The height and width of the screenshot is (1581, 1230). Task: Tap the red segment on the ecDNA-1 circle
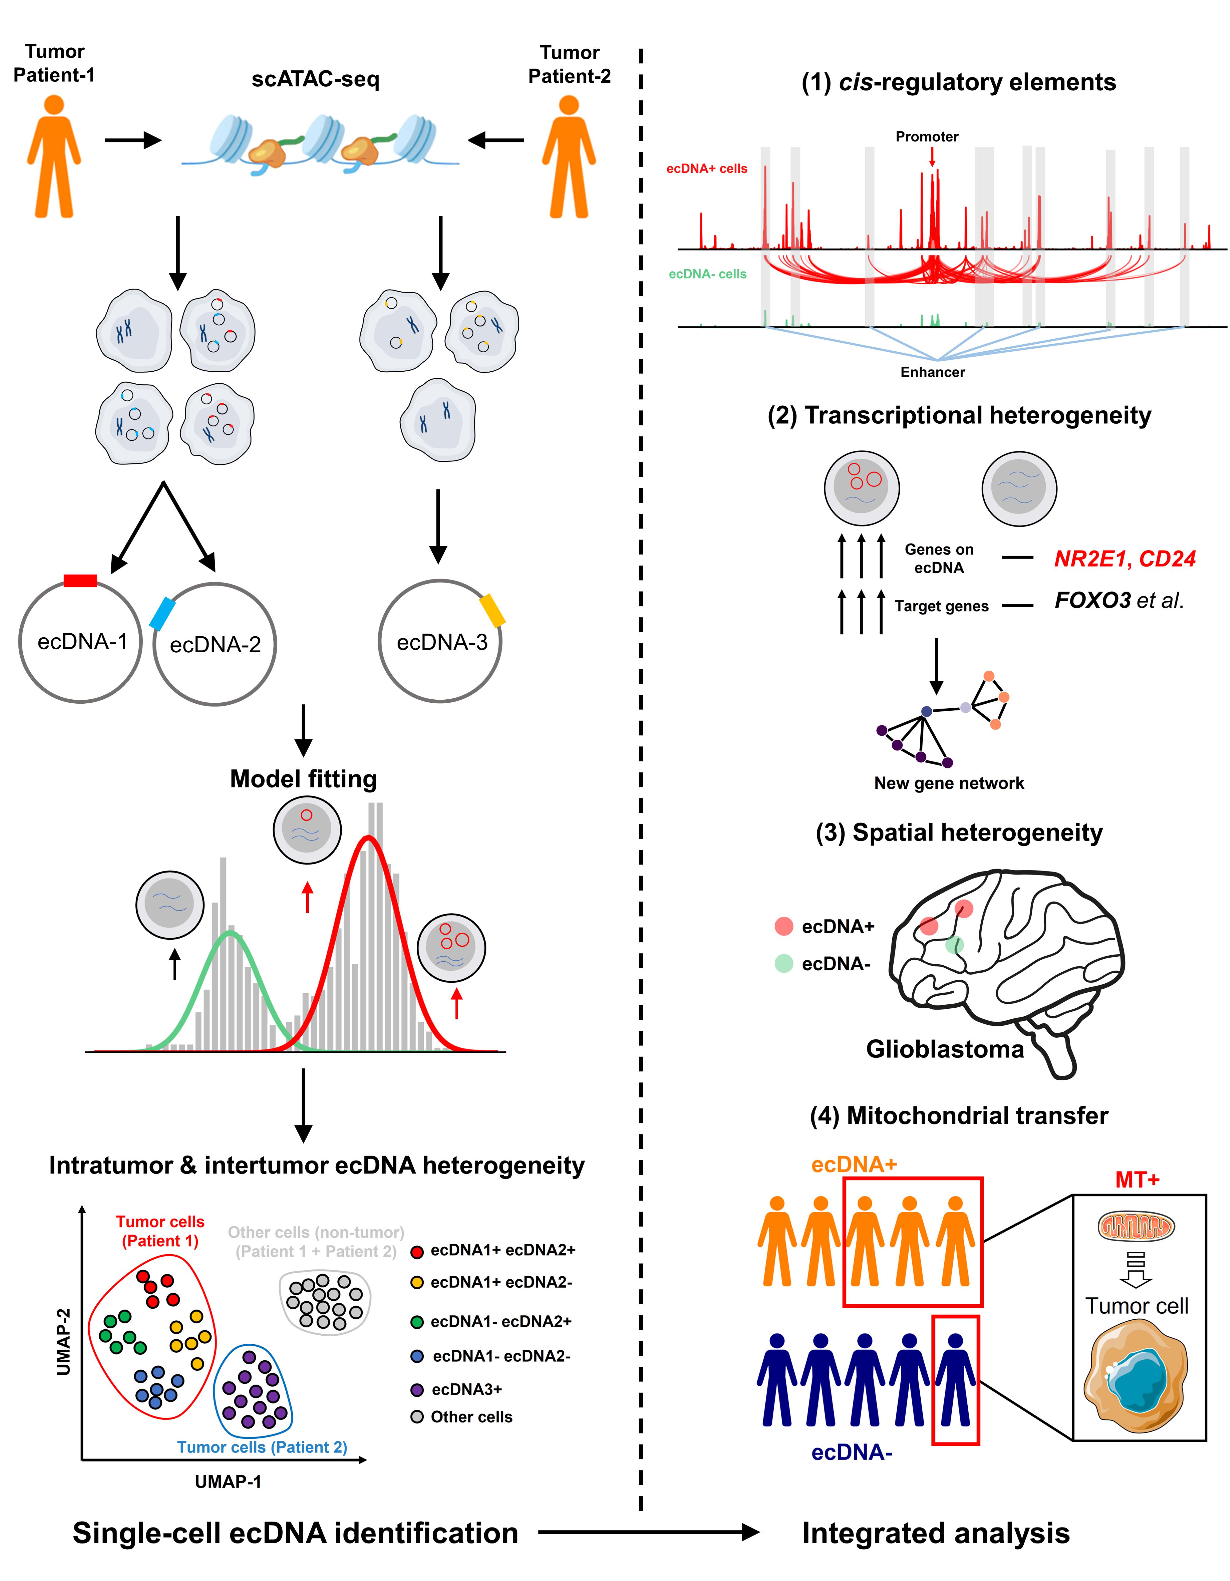(x=80, y=580)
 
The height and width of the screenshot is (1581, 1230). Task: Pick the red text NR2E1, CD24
(x=1124, y=559)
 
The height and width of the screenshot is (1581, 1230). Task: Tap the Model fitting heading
(x=303, y=779)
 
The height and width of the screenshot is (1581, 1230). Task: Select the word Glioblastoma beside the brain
(x=945, y=1049)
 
